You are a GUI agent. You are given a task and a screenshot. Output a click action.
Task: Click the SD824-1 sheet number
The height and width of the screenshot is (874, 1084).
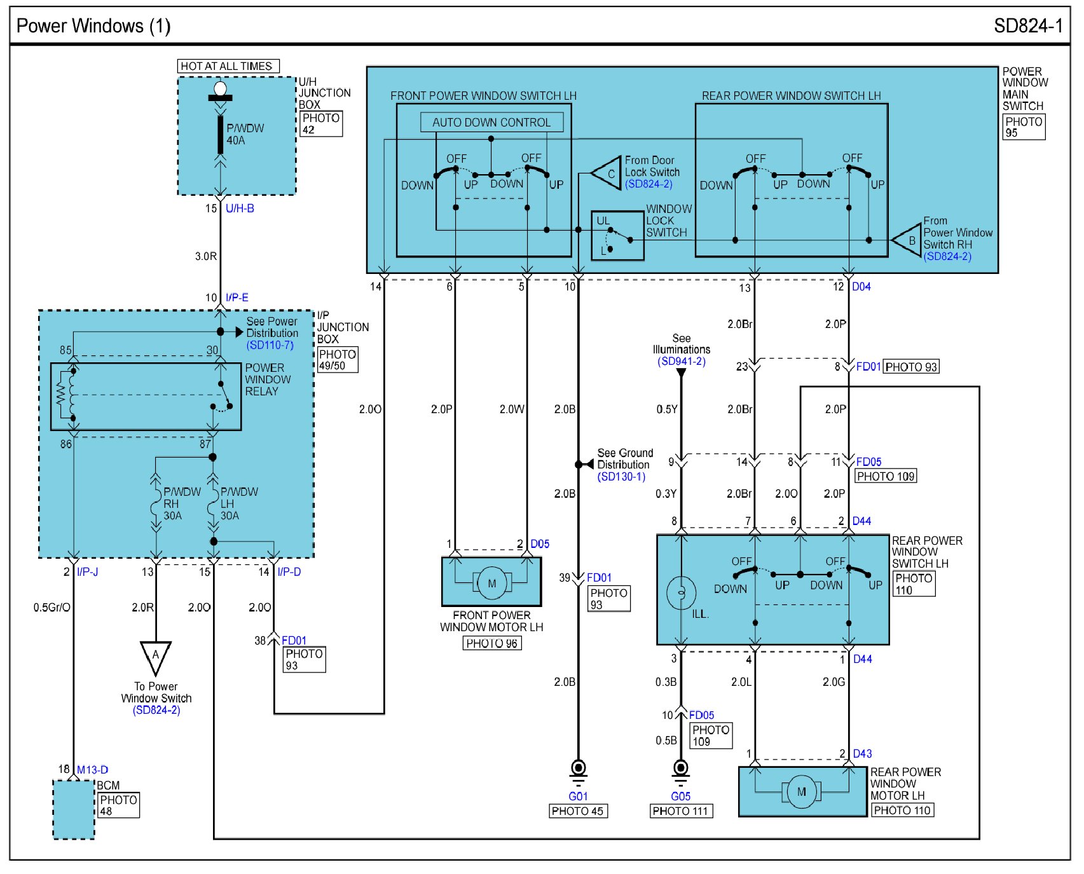click(1027, 26)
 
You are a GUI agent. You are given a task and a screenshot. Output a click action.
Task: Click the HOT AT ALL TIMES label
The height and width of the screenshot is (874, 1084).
click(227, 66)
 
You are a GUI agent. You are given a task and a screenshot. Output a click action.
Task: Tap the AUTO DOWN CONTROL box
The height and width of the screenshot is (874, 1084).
click(491, 123)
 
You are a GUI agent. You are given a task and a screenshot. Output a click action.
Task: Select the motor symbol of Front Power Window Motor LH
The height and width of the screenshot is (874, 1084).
click(491, 583)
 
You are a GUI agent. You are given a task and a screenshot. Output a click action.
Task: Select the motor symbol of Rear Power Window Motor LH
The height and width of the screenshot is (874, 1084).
click(801, 792)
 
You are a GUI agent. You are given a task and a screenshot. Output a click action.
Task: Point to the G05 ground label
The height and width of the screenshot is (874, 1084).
click(680, 796)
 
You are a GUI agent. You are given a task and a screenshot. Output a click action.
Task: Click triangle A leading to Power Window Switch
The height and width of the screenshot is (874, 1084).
click(155, 657)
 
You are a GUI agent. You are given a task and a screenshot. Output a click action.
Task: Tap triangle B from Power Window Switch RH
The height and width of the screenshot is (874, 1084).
click(909, 241)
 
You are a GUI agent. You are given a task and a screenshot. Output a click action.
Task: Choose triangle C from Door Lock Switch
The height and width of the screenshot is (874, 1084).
click(608, 173)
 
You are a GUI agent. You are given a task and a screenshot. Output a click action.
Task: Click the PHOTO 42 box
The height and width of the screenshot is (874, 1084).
click(321, 124)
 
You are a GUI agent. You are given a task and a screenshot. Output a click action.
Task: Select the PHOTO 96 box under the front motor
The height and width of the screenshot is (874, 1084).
click(491, 643)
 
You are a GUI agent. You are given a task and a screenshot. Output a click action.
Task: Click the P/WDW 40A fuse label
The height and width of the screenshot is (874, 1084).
click(245, 134)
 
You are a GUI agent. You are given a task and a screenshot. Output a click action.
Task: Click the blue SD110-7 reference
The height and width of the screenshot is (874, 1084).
click(270, 345)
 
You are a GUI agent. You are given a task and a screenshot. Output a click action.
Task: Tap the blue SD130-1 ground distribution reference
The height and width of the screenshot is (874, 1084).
click(621, 477)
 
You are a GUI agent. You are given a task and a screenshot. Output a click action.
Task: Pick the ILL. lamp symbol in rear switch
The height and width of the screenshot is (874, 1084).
click(681, 592)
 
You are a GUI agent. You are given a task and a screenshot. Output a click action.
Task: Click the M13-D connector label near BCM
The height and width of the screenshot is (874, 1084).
click(92, 770)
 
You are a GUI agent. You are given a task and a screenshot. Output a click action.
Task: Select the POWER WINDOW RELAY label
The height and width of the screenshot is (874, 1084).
click(268, 379)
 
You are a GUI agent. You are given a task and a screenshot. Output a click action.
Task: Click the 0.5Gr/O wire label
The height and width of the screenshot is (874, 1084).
click(52, 608)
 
